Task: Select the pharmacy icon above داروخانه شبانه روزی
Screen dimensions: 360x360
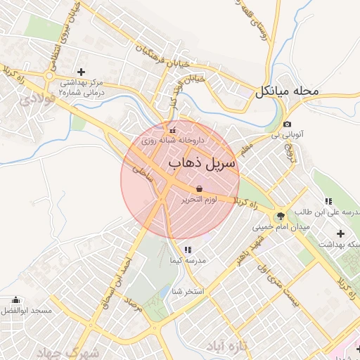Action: [172, 129]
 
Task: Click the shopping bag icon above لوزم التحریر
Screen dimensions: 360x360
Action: [200, 188]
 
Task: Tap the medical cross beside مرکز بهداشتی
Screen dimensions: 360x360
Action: [82, 72]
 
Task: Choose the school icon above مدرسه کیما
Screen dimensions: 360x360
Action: [188, 250]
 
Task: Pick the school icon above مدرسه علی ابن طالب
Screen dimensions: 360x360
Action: [328, 201]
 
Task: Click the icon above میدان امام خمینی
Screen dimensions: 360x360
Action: [281, 216]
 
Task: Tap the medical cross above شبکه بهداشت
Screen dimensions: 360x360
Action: [341, 233]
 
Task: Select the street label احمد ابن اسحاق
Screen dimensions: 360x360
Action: [119, 274]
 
